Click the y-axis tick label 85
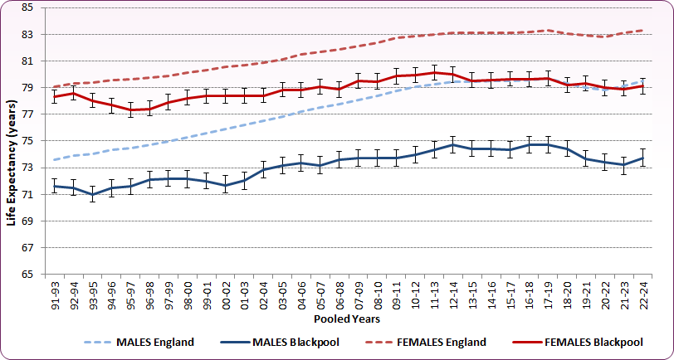click(27, 7)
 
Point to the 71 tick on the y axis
click(27, 194)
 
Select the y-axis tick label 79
click(27, 88)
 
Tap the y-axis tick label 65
click(27, 274)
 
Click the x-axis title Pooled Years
click(346, 318)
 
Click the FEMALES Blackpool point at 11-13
click(434, 72)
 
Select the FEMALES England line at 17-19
click(547, 31)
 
